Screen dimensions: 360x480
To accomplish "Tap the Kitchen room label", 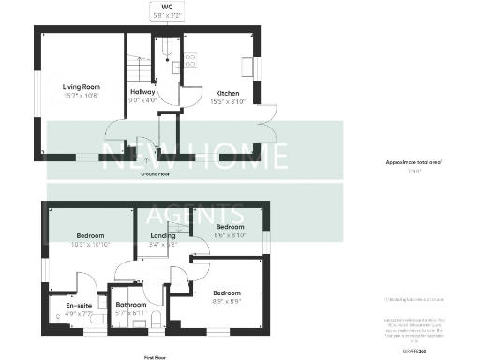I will click(x=229, y=93).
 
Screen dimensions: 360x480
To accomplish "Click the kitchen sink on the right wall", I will click(x=250, y=67).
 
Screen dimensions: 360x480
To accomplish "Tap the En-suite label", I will click(x=79, y=305).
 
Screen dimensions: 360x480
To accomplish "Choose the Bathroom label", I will click(x=130, y=305).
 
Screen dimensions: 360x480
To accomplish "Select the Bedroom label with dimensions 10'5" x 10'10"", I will click(x=91, y=235).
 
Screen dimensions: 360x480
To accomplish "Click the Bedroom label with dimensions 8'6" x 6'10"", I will click(x=230, y=227).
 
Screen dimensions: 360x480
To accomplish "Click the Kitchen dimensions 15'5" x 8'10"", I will click(x=229, y=101).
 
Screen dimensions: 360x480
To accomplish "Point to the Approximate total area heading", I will click(x=413, y=162).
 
